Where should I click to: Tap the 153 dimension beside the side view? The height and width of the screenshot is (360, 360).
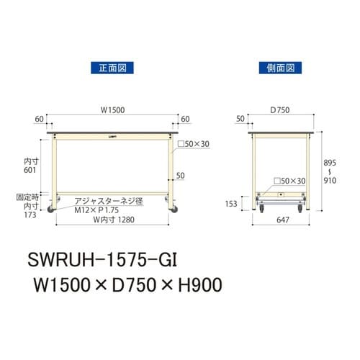coord(231,203)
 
